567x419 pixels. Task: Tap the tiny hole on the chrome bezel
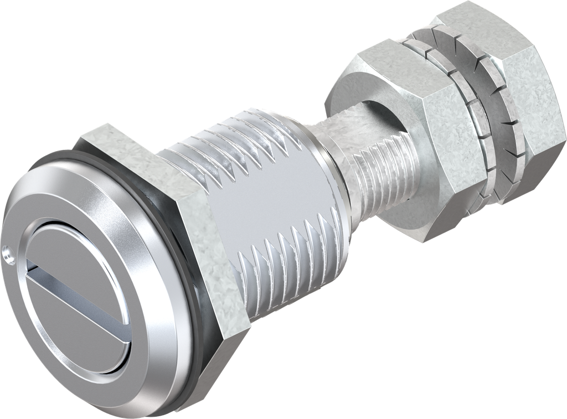click(x=7, y=255)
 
